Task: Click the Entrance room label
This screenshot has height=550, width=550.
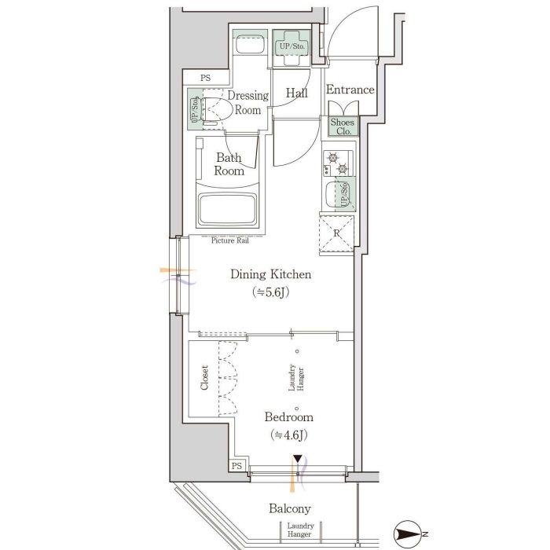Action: tap(350, 90)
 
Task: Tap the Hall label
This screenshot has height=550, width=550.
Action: tap(297, 93)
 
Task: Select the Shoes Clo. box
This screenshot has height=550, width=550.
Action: tap(343, 126)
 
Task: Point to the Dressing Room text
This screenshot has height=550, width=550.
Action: tap(248, 102)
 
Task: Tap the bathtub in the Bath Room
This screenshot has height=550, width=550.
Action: tap(227, 209)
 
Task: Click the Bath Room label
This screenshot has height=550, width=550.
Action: tap(229, 164)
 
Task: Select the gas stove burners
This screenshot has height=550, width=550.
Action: tap(338, 163)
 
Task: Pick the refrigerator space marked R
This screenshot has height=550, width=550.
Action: tap(336, 233)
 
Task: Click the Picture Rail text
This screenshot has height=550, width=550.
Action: tap(229, 240)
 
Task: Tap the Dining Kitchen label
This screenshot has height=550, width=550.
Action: tap(270, 274)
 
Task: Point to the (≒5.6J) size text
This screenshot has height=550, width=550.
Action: tap(270, 291)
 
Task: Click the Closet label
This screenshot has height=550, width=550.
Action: tap(204, 377)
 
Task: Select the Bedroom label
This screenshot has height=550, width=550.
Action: tap(288, 416)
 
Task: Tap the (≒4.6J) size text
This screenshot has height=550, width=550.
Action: tap(288, 435)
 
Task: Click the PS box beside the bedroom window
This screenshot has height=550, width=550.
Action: tap(236, 465)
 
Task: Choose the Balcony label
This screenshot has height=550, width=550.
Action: tap(290, 508)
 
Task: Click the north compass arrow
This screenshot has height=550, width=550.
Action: tap(408, 534)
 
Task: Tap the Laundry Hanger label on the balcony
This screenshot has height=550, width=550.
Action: tap(300, 530)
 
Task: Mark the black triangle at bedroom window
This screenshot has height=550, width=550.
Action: tap(298, 459)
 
